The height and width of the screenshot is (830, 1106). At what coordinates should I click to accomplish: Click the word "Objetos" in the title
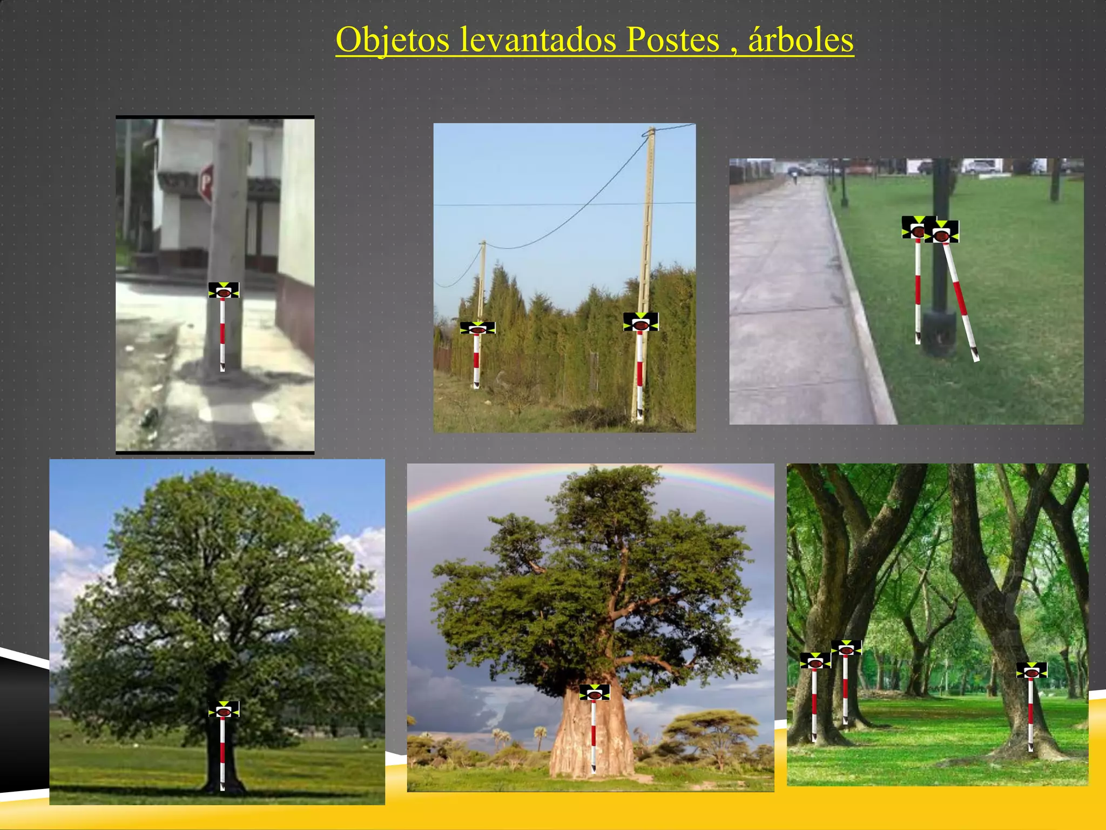coord(392,41)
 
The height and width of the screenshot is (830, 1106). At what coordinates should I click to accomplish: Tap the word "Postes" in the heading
coord(672,41)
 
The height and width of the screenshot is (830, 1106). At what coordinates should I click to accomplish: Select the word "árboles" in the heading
coord(801,41)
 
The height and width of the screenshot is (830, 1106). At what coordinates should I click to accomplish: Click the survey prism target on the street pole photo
coord(224,290)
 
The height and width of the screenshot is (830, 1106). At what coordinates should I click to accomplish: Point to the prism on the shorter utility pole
coord(477,327)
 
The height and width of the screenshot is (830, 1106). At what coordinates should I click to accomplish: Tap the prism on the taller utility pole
coord(640,322)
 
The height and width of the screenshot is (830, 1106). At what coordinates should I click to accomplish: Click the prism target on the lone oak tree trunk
coord(224,709)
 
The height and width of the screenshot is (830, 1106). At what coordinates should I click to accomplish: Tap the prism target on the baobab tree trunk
coord(594,692)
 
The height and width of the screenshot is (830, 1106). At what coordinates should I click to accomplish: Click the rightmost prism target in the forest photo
coord(1031,671)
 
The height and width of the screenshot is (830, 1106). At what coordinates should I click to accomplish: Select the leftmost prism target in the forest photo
coord(814,661)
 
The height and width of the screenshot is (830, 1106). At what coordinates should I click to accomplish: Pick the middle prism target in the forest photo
coord(846,648)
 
